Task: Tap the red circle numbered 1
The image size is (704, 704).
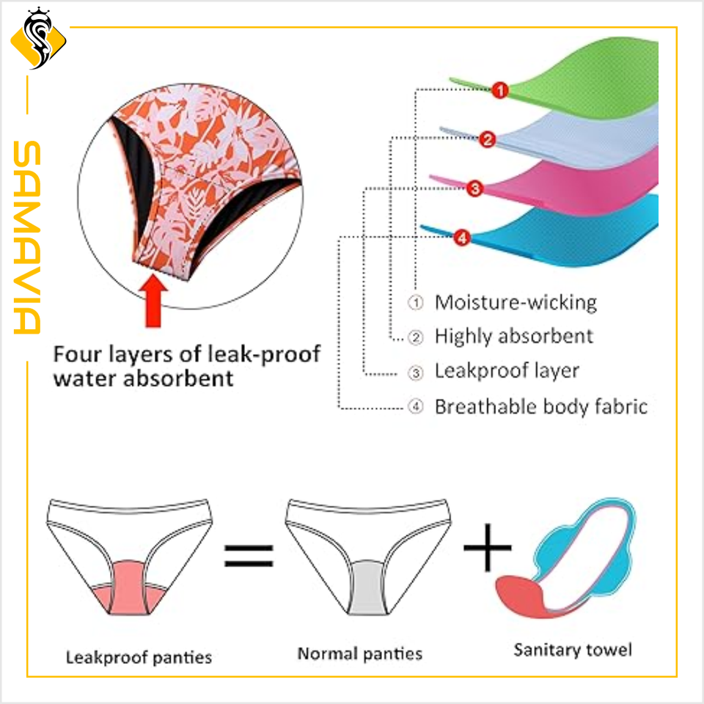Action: (x=499, y=91)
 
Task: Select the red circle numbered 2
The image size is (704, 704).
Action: (x=488, y=139)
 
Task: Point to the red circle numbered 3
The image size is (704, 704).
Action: (x=474, y=188)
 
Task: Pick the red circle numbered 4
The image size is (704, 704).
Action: (x=461, y=237)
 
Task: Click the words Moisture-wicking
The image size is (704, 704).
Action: (x=516, y=302)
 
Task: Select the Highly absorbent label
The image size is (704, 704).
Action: (x=513, y=337)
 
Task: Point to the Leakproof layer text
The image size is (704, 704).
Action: (x=507, y=371)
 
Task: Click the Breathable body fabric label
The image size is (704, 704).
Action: (x=541, y=406)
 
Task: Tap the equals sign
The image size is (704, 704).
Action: (x=248, y=554)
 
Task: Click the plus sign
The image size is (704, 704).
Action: (x=487, y=547)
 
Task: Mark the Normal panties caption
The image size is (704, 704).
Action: (x=359, y=653)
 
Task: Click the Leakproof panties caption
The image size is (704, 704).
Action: (x=139, y=656)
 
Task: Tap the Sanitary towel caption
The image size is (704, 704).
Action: (x=572, y=650)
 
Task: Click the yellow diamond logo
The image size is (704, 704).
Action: (x=39, y=40)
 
